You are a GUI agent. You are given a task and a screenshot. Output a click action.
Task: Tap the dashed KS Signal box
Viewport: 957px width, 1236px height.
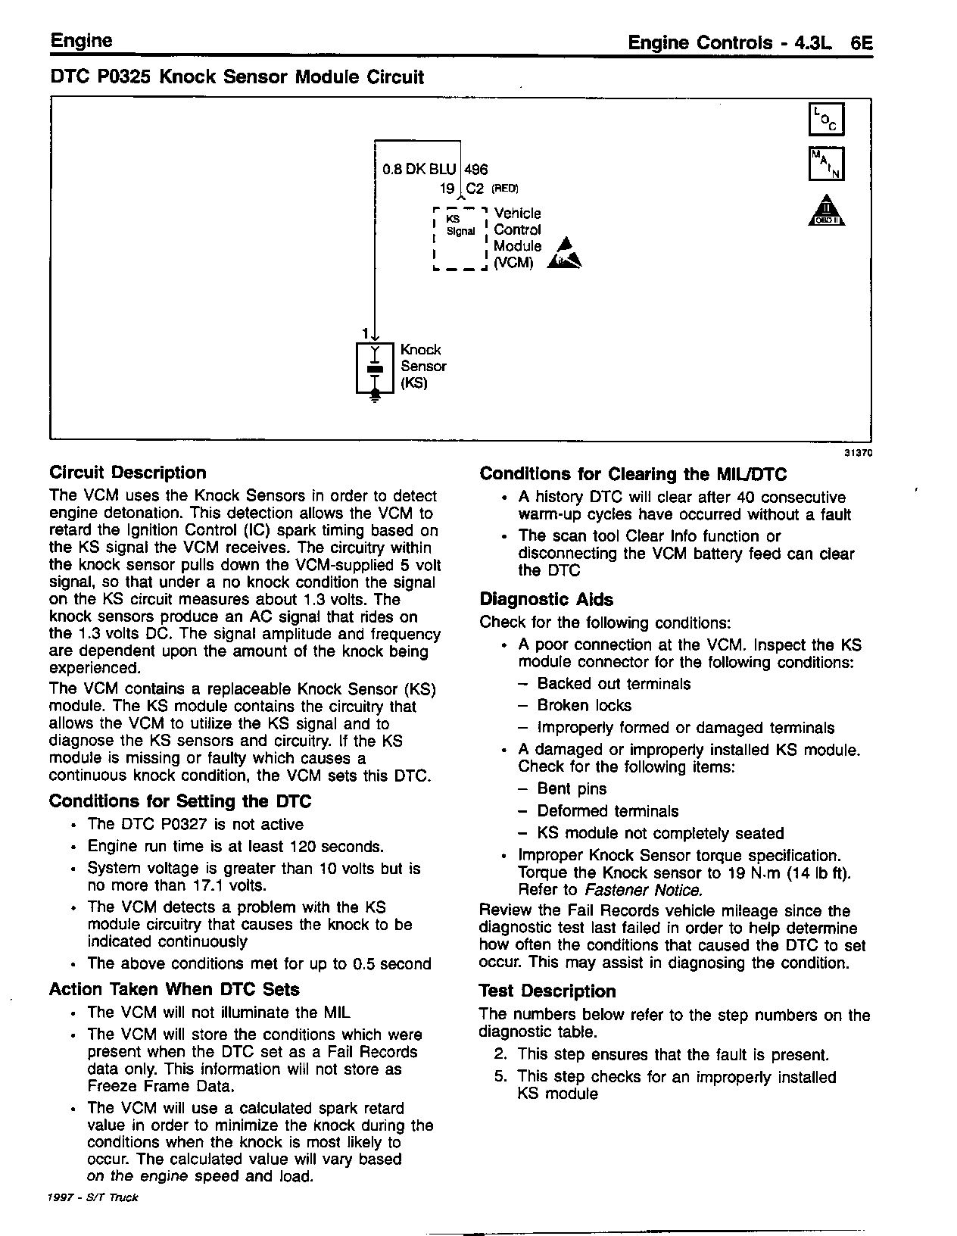[460, 238]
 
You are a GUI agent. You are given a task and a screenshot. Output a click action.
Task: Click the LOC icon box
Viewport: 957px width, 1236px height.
[826, 120]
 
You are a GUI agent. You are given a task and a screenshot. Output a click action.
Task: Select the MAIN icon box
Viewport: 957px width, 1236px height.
[826, 164]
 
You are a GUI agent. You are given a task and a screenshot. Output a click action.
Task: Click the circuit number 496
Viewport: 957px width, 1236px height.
[476, 170]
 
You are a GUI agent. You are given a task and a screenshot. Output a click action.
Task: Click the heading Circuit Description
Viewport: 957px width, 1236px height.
[127, 473]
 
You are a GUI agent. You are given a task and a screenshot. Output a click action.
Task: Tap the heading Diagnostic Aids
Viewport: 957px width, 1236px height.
[546, 599]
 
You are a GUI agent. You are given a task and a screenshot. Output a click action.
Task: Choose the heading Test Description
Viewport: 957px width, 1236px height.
[547, 991]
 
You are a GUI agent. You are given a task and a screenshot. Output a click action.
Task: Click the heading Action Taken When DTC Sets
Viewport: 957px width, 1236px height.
[174, 989]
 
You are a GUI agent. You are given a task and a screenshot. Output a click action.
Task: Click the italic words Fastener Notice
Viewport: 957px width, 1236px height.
[642, 890]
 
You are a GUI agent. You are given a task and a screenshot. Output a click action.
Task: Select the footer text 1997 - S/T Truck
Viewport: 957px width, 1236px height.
[93, 1197]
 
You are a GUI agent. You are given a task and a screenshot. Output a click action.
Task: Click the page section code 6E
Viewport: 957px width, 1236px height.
[862, 43]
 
